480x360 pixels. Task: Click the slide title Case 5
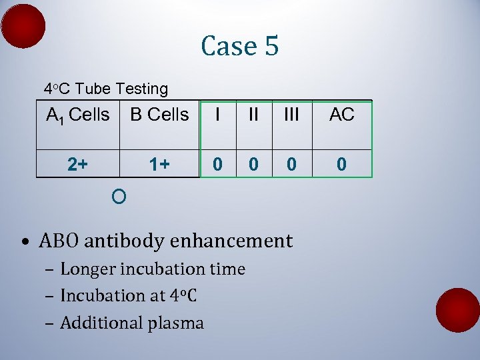click(239, 46)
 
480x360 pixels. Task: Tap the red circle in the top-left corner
click(23, 26)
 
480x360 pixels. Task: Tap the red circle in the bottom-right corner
click(457, 310)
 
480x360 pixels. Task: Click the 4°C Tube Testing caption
click(105, 89)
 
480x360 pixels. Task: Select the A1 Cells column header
click(77, 115)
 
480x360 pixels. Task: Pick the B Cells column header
click(159, 115)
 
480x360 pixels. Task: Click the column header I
click(217, 115)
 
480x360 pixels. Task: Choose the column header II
click(253, 115)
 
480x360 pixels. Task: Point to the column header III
click(291, 115)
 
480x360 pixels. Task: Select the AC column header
click(341, 115)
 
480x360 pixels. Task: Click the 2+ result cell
click(77, 164)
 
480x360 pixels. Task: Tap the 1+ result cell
click(159, 164)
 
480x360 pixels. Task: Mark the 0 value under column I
click(217, 164)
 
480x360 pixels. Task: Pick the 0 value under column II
click(253, 164)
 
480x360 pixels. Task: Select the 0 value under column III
click(291, 164)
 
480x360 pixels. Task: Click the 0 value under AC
click(341, 164)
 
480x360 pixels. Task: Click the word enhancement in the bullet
click(231, 241)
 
